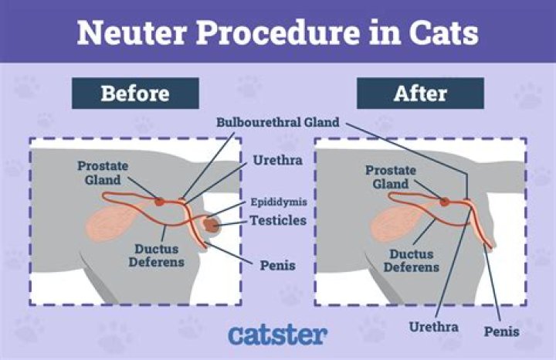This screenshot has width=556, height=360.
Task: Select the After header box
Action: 420,93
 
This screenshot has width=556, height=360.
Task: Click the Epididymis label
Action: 279,202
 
